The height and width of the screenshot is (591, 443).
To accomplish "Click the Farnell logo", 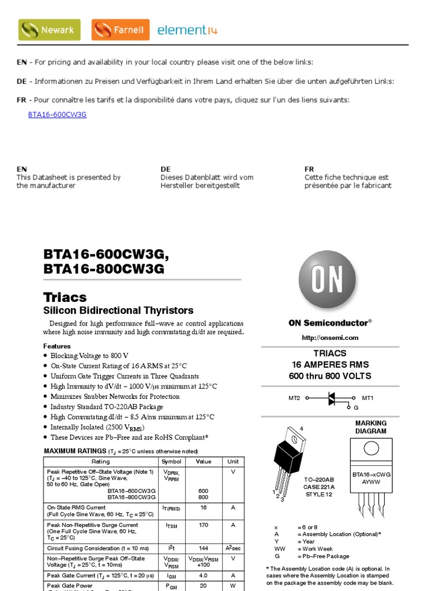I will coord(121,29).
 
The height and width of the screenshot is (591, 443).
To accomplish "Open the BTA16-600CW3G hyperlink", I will coord(57,114).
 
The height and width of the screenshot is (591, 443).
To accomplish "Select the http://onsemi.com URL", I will coord(330,338).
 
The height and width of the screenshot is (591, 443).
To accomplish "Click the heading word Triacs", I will coord(65,297).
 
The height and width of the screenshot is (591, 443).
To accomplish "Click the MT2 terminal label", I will coord(295,398).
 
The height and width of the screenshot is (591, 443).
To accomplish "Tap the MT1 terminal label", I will coord(367,398).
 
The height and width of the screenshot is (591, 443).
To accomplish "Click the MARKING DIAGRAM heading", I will coord(371,427).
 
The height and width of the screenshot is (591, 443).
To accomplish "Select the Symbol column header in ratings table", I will coord(171,462).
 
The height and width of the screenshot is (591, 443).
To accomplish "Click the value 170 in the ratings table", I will coord(203,525).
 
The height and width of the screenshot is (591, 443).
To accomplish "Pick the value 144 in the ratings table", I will coord(203,548).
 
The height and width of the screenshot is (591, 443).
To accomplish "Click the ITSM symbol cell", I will coord(171,526).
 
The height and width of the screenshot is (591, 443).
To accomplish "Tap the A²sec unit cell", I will coord(232,548).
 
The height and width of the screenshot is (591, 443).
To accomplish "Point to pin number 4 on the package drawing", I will coord(301,428).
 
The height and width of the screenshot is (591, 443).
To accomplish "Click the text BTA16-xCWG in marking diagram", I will coord(371,474).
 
